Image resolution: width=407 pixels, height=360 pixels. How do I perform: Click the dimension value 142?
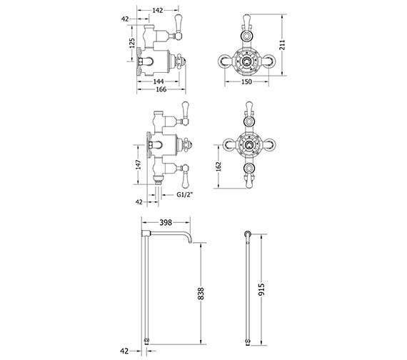158,10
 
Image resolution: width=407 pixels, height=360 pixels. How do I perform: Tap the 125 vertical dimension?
132,43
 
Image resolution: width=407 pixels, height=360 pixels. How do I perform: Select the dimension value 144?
159,81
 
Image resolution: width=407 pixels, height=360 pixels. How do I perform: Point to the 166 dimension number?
161,89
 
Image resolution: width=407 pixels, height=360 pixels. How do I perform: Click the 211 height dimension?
283,45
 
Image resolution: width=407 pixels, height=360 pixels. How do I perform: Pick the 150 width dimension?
246,82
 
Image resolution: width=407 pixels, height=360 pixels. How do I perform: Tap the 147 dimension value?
139,165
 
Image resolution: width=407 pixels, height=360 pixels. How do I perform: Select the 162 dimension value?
218,166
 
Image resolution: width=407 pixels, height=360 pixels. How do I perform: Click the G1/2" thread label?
185,194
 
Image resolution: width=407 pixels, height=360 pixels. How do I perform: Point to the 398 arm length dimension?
166,223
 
